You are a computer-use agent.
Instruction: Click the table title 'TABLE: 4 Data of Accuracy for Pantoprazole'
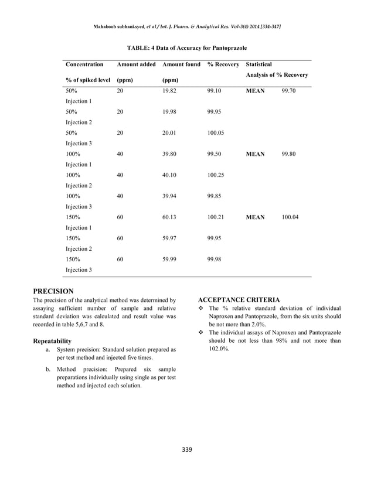pyautogui.click(x=187, y=47)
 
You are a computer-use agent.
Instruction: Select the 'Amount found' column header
pyautogui.click(x=181, y=64)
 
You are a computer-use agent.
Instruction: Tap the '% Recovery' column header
pyautogui.click(x=223, y=64)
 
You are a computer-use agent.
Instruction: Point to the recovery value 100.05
pyautogui.click(x=216, y=133)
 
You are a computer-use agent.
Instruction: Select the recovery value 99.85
pyautogui.click(x=215, y=196)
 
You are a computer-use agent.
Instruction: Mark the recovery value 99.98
pyautogui.click(x=215, y=260)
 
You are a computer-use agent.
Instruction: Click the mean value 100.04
pyautogui.click(x=290, y=217)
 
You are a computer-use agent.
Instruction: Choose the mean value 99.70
pyautogui.click(x=288, y=91)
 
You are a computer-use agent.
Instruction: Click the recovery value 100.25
pyautogui.click(x=216, y=175)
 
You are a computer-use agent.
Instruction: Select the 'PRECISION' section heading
pyautogui.click(x=53, y=291)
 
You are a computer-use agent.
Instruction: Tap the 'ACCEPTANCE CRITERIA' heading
pyautogui.click(x=239, y=300)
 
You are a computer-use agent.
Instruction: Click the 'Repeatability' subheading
pyautogui.click(x=52, y=340)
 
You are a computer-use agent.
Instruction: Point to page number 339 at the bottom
pyautogui.click(x=186, y=449)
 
